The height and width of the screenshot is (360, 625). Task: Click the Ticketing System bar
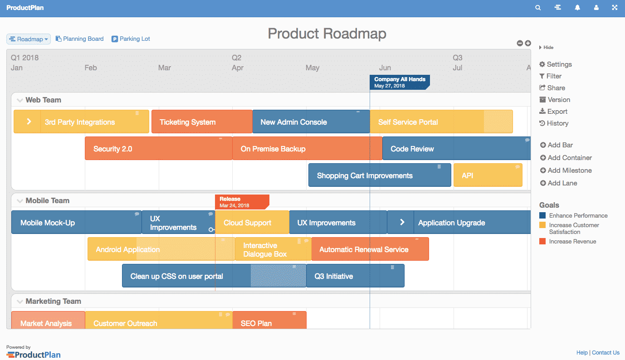pos(201,122)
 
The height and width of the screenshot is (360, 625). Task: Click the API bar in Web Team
pos(488,175)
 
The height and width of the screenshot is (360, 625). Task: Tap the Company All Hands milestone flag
pos(399,82)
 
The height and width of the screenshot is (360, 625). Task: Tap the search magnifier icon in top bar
pos(538,8)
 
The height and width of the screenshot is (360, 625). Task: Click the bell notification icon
pos(577,8)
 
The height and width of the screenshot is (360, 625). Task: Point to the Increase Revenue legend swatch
pos(542,241)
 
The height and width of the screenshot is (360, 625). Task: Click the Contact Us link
pos(605,352)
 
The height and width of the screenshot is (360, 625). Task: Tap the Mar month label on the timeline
pos(165,68)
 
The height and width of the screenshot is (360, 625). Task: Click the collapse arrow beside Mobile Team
pos(20,201)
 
